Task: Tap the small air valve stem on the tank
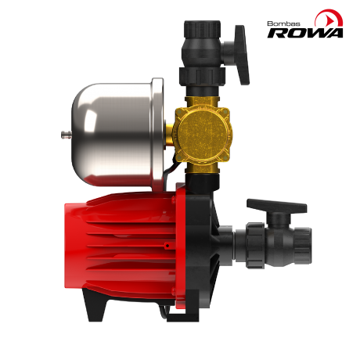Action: (x=63, y=136)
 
